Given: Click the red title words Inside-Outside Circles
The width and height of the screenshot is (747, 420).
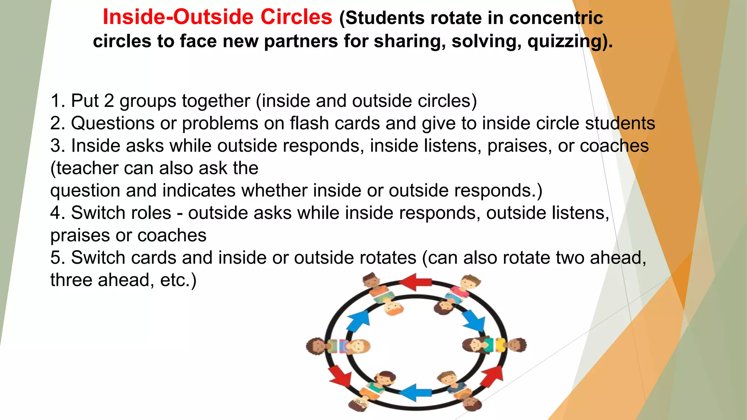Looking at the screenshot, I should [217, 17].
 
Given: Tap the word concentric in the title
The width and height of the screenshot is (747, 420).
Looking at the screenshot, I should [556, 18].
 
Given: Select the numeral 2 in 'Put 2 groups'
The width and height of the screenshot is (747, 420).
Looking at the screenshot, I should [109, 101].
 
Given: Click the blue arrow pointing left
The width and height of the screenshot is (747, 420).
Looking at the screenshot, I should [415, 393].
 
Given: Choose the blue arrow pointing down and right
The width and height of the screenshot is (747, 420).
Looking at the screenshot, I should [475, 321].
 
